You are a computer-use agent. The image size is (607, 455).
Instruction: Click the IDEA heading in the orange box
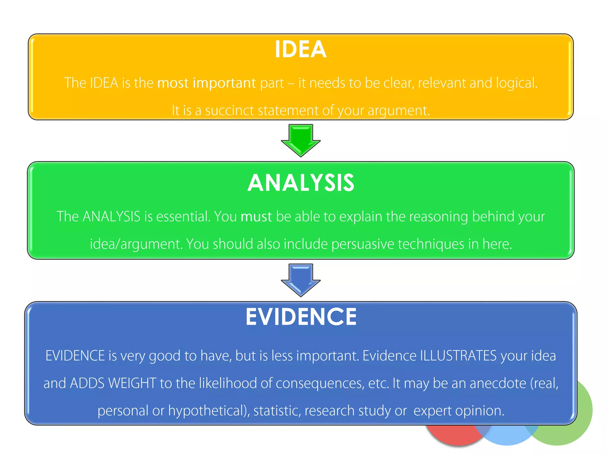[301, 49]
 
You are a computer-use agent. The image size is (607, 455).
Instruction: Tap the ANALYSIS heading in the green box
[301, 183]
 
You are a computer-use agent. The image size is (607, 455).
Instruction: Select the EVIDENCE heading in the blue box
[301, 317]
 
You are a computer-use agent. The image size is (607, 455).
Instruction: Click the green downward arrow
[301, 140]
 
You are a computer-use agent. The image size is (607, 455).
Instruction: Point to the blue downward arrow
[301, 280]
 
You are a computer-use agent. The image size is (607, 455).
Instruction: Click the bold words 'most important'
[206, 83]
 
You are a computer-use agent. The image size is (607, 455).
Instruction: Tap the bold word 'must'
[256, 217]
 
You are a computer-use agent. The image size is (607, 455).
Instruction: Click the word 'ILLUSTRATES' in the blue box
[458, 356]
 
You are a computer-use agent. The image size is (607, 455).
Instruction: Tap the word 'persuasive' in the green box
[362, 244]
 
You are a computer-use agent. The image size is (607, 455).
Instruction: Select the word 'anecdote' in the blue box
[498, 383]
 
